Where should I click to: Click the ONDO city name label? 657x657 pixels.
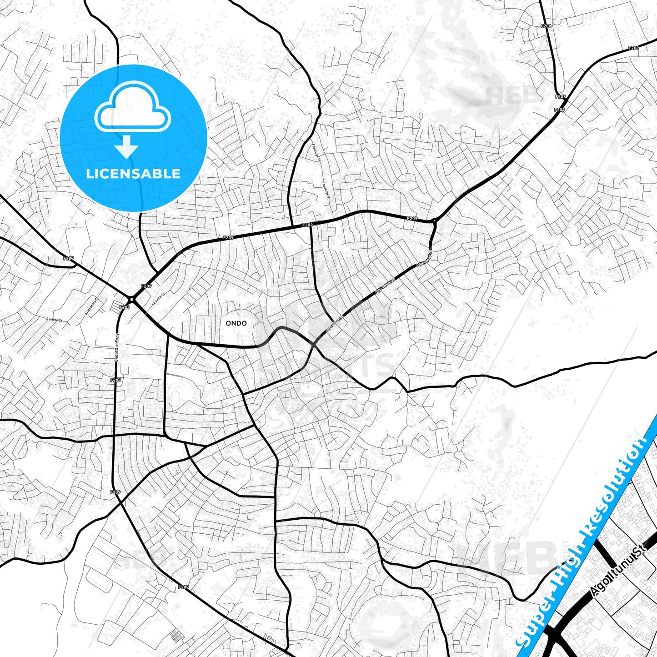(x=236, y=323)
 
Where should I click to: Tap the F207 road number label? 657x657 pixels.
(x=68, y=258)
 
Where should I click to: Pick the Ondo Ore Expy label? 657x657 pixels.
(x=117, y=347)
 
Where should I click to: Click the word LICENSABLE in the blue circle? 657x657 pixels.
(x=133, y=174)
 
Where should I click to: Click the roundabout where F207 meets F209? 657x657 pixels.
(x=131, y=299)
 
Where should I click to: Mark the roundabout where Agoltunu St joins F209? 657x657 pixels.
(x=434, y=222)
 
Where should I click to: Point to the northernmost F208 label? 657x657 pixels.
(x=546, y=26)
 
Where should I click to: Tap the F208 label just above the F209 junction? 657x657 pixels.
(x=560, y=97)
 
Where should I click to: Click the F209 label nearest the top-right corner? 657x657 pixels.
(x=633, y=48)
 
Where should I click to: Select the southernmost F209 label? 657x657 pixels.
(x=183, y=587)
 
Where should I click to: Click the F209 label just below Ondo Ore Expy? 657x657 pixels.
(x=115, y=380)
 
